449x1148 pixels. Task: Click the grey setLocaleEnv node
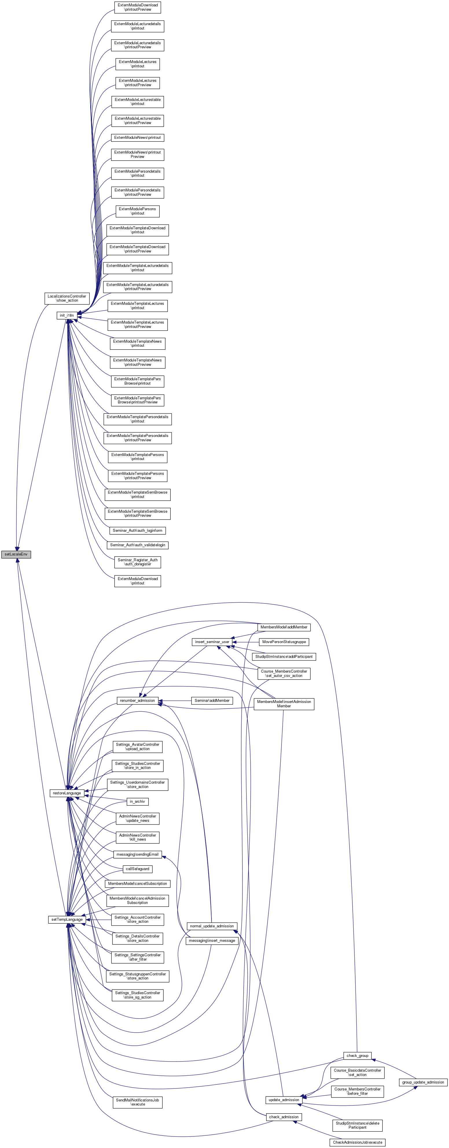(x=16, y=554)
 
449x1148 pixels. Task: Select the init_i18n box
(x=67, y=315)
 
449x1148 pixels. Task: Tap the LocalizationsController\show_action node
(x=67, y=298)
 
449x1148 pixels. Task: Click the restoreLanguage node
(x=67, y=793)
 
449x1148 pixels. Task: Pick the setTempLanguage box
(x=67, y=919)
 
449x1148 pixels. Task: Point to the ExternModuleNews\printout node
(x=137, y=138)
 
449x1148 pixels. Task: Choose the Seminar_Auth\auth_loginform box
(x=137, y=530)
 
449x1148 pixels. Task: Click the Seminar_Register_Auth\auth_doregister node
(x=137, y=562)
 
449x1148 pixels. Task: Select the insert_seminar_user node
(x=212, y=642)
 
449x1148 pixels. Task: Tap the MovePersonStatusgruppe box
(x=284, y=642)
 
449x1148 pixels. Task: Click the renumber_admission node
(x=137, y=701)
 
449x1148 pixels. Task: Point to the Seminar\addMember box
(x=212, y=701)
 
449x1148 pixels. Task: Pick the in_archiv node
(x=137, y=801)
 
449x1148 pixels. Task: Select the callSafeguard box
(x=137, y=869)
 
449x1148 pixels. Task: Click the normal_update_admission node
(x=212, y=926)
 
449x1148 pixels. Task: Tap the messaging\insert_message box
(x=212, y=940)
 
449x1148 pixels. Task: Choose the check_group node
(x=358, y=1056)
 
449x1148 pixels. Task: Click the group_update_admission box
(x=423, y=1082)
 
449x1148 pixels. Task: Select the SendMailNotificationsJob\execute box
(x=137, y=1102)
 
